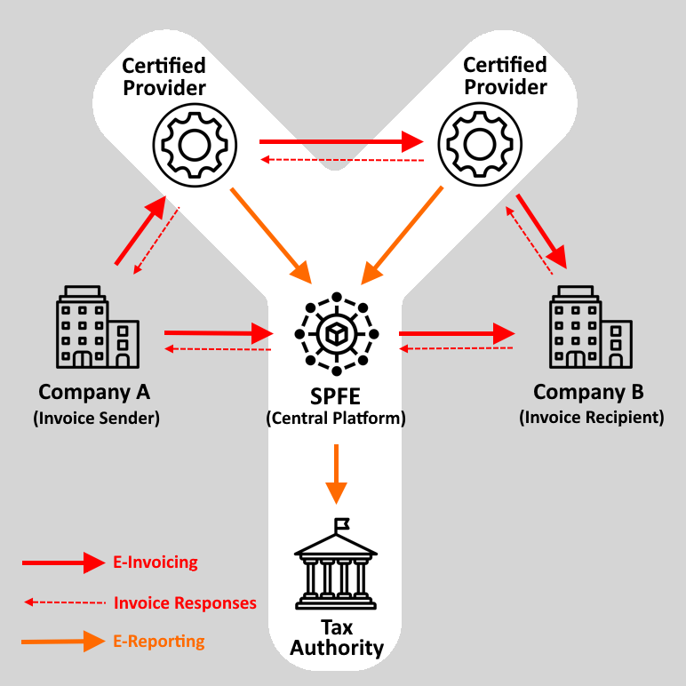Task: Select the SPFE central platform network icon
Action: pyautogui.click(x=337, y=334)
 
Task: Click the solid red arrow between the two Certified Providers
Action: pyautogui.click(x=341, y=141)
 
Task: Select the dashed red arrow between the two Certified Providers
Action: pyautogui.click(x=341, y=160)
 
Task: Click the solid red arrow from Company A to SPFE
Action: pyautogui.click(x=219, y=333)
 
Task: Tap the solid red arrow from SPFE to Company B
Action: pyautogui.click(x=457, y=334)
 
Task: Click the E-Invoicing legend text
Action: pyautogui.click(x=156, y=562)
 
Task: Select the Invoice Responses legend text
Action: pyautogui.click(x=185, y=603)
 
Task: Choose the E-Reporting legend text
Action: pyautogui.click(x=159, y=642)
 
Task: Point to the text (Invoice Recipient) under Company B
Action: pyautogui.click(x=592, y=417)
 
